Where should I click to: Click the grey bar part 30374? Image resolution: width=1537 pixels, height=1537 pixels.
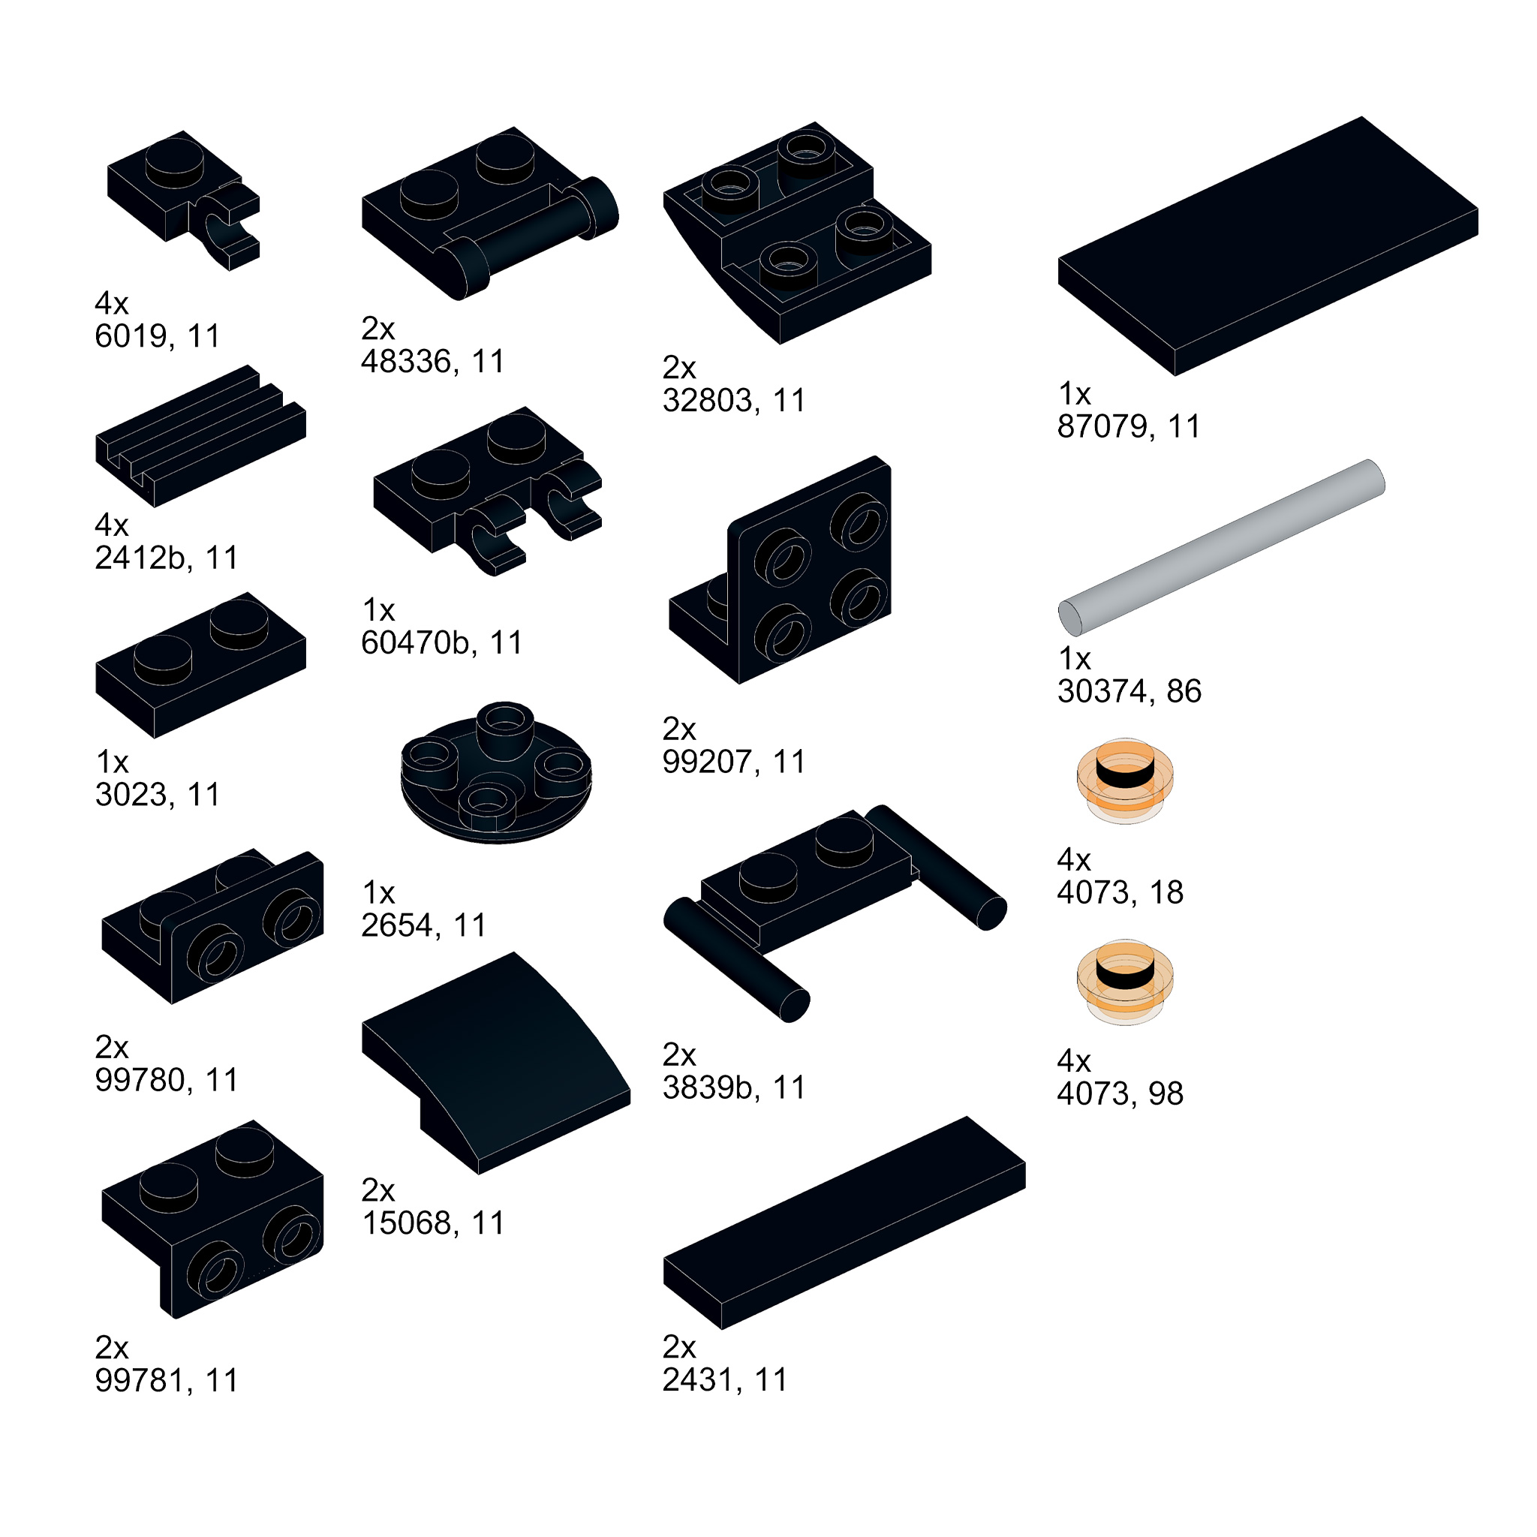pyautogui.click(x=1221, y=547)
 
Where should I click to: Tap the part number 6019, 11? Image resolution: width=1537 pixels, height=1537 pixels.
pyautogui.click(x=157, y=335)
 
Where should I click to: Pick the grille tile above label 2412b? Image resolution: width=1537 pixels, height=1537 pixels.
pyautogui.click(x=200, y=437)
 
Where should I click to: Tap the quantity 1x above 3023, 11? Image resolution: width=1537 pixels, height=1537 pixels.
pyautogui.click(x=111, y=762)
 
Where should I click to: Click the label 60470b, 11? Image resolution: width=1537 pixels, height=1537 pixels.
pyautogui.click(x=441, y=643)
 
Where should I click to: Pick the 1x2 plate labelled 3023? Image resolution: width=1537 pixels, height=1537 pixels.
pyautogui.click(x=200, y=665)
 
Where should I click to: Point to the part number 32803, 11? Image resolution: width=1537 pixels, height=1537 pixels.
pyautogui.click(x=733, y=400)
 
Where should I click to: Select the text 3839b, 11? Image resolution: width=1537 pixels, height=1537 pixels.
pyautogui.click(x=733, y=1087)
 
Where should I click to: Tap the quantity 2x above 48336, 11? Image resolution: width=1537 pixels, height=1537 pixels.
pyautogui.click(x=378, y=328)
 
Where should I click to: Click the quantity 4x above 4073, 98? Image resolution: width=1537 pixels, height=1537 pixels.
pyautogui.click(x=1073, y=1061)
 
